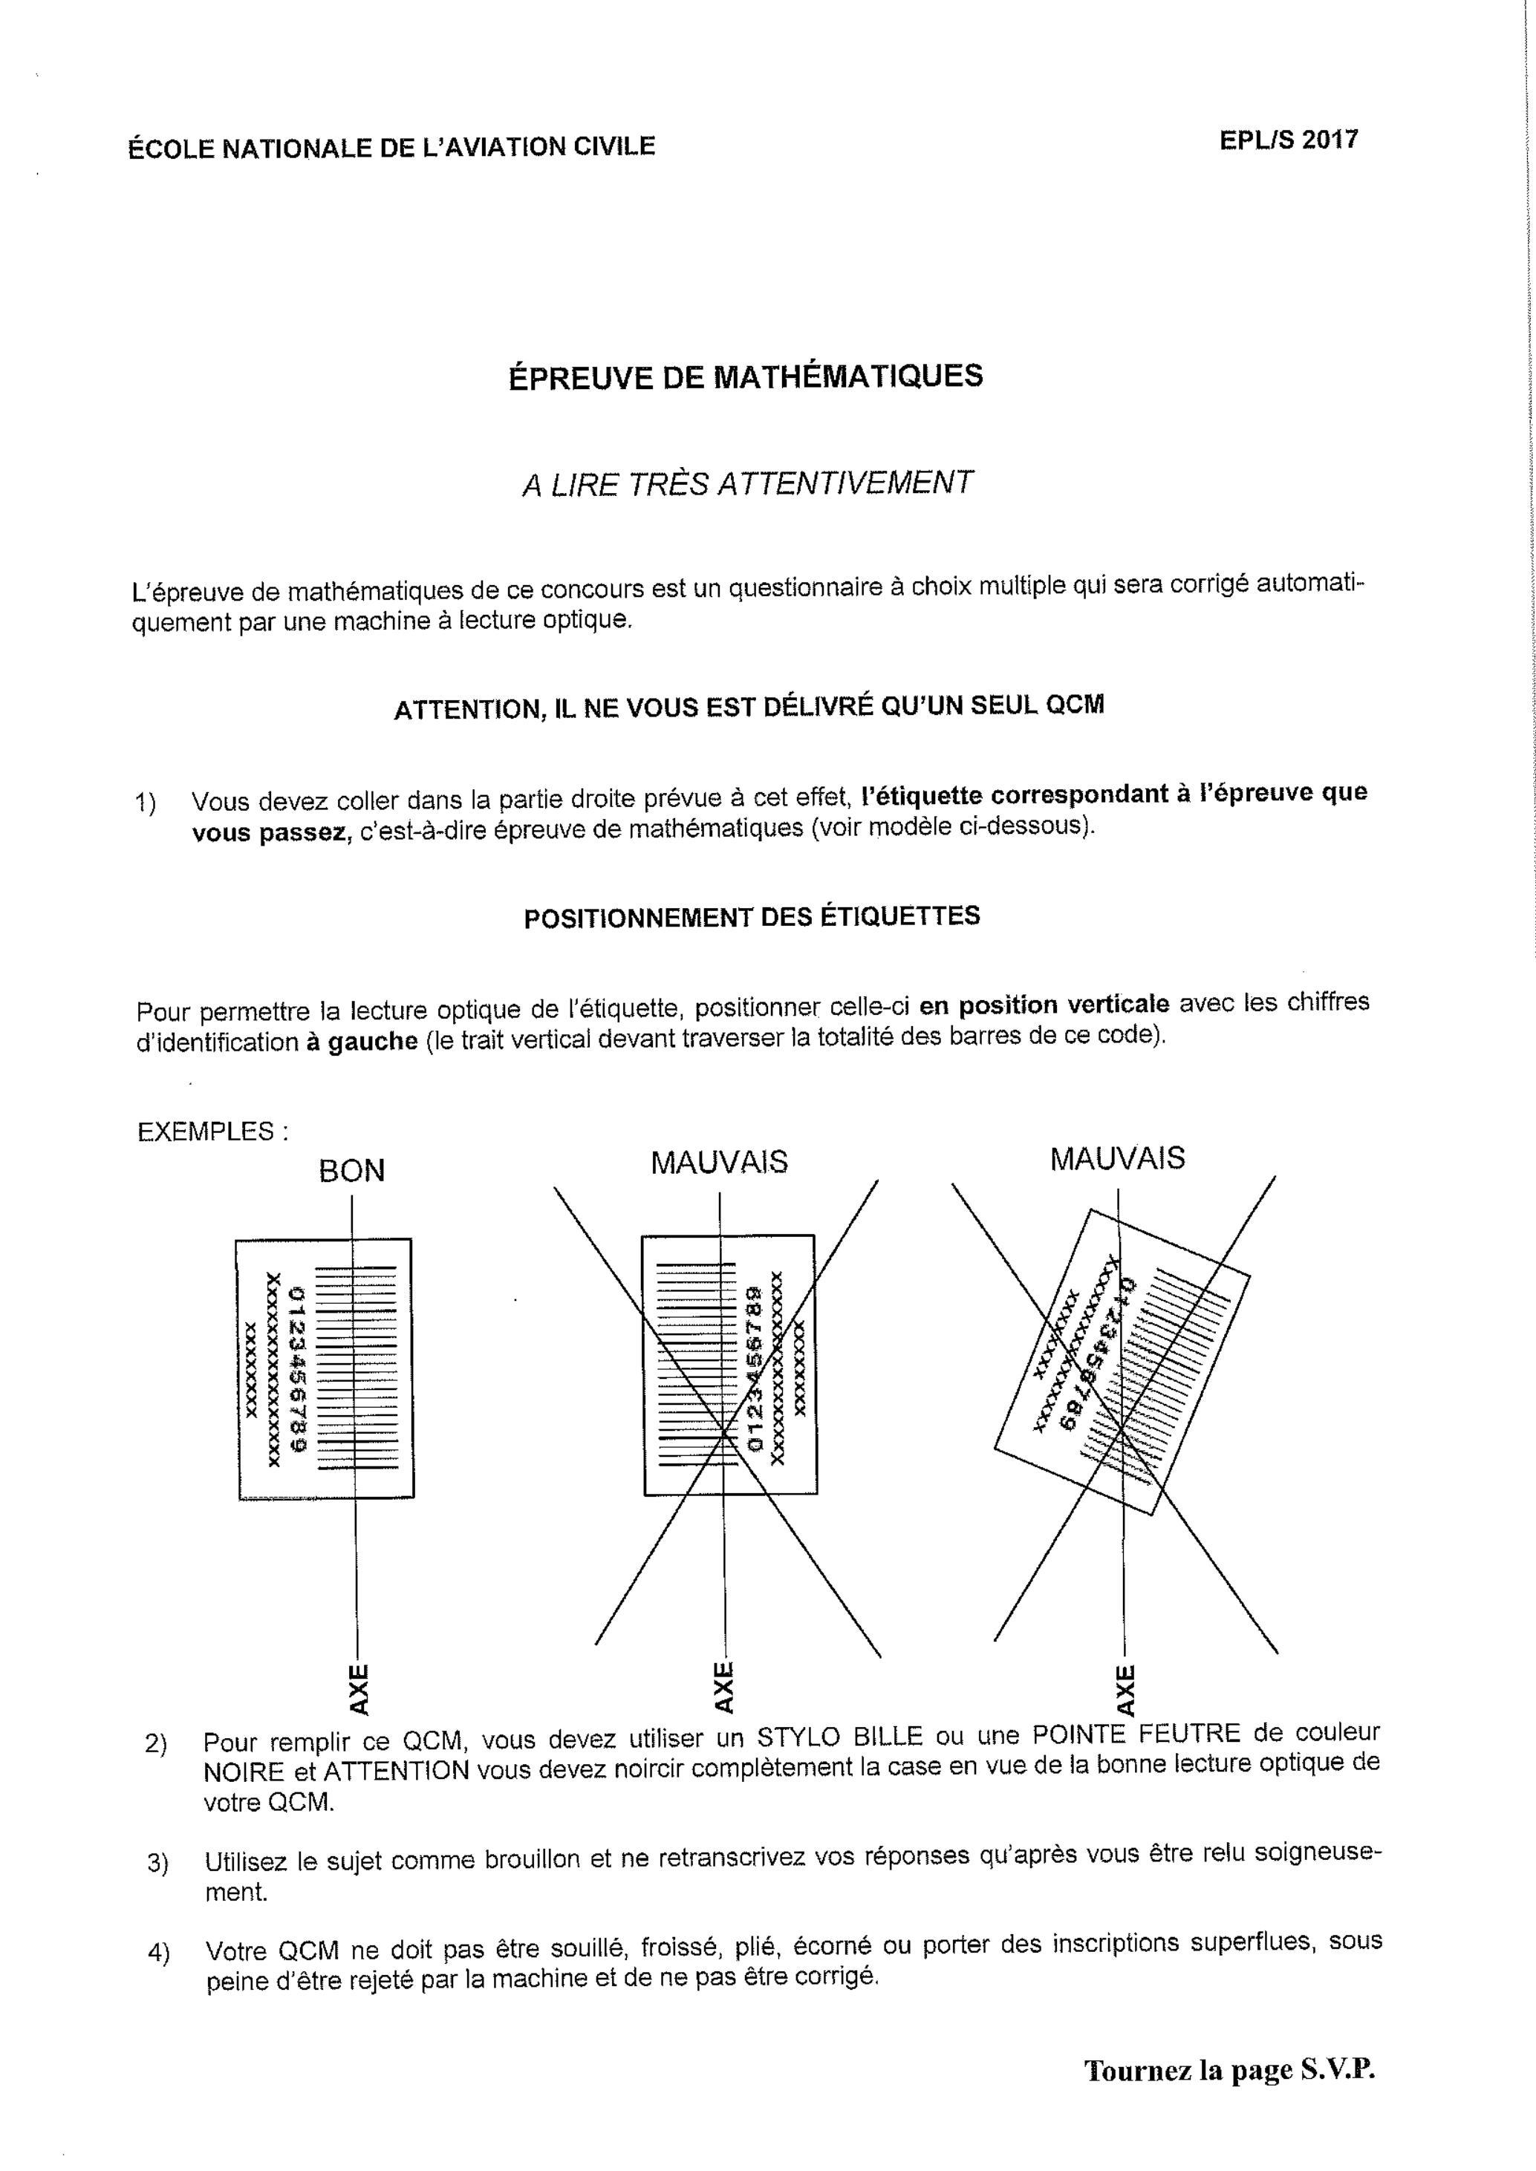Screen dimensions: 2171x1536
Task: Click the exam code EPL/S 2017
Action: (1288, 140)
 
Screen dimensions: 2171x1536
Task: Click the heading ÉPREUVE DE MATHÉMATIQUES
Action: (745, 376)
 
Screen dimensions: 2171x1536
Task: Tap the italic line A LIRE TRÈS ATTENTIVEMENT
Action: (747, 483)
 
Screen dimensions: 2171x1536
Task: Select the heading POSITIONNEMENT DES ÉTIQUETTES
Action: (752, 917)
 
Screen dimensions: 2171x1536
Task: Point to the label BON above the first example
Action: (352, 1171)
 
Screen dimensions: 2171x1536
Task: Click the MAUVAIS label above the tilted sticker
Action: (1117, 1158)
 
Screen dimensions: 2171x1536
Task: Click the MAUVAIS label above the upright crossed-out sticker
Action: (719, 1162)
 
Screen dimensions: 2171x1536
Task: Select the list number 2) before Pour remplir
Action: (156, 1743)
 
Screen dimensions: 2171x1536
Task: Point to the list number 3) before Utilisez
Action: (158, 1864)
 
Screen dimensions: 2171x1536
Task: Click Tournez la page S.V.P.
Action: (1229, 2070)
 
